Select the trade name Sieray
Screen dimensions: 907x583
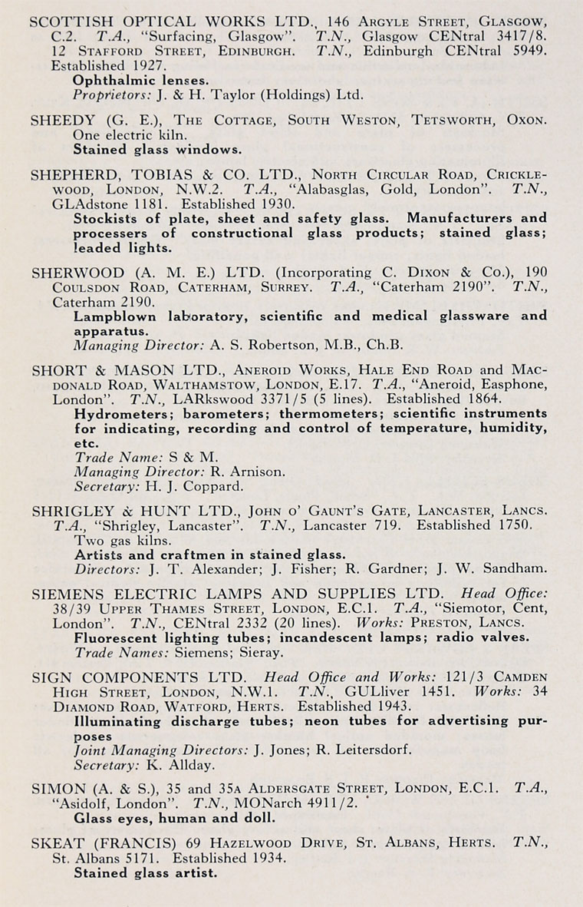(262, 653)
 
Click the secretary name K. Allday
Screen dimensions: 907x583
(166, 765)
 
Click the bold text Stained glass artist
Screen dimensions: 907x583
(146, 872)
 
